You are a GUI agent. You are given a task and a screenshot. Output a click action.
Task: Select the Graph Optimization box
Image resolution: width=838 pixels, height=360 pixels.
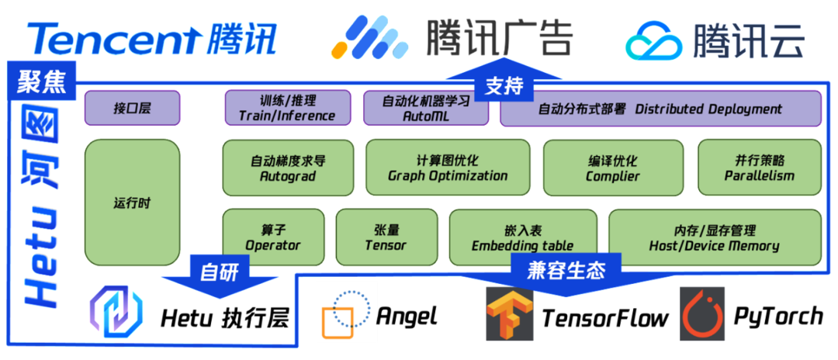448,168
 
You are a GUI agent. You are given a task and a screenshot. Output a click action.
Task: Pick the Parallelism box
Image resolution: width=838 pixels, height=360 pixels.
759,168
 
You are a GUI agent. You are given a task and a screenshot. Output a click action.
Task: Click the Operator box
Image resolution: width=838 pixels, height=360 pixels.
273,237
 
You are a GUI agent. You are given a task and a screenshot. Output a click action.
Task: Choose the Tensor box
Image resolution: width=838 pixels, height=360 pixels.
386,237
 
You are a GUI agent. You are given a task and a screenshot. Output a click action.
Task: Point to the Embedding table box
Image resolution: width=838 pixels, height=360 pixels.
522,237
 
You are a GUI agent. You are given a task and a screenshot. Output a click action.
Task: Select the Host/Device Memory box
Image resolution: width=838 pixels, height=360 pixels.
714,237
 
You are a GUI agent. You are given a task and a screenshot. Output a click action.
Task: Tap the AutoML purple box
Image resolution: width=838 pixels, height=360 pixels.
426,108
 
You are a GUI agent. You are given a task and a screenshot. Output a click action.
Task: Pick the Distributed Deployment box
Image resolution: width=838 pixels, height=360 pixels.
660,108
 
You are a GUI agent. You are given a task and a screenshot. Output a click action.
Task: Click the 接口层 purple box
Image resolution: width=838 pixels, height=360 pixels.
132,108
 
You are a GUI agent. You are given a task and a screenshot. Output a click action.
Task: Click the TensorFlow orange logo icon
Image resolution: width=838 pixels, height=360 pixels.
509,313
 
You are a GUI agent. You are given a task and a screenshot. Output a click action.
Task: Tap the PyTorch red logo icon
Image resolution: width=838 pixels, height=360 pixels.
701,313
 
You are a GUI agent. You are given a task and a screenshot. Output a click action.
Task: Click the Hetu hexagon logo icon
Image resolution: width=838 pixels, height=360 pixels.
116,314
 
